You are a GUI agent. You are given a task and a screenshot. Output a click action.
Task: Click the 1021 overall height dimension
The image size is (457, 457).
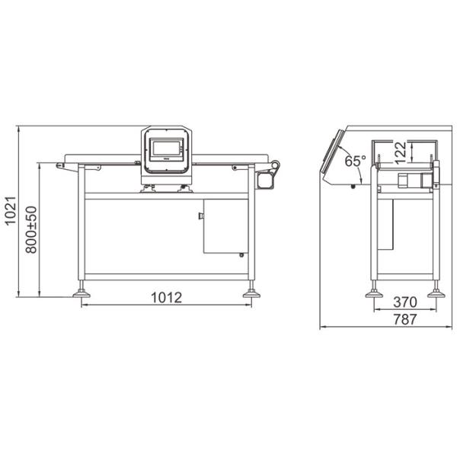(x=11, y=212)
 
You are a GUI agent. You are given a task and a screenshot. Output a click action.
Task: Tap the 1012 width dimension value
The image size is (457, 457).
(x=167, y=298)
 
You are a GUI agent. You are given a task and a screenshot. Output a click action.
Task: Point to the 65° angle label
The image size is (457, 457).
(x=354, y=161)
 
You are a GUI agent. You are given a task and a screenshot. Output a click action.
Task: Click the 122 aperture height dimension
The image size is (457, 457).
(x=401, y=152)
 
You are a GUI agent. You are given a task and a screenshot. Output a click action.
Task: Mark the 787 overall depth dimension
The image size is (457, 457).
(x=404, y=320)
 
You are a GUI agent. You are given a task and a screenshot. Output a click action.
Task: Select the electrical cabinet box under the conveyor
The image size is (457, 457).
(x=225, y=225)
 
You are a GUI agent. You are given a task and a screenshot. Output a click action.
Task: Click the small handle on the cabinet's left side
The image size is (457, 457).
(x=201, y=216)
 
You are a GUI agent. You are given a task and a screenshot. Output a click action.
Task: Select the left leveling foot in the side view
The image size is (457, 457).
(x=373, y=291)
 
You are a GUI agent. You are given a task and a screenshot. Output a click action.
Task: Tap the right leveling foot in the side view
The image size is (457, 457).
(x=436, y=291)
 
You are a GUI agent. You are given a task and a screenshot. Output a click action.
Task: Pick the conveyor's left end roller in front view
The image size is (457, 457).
(x=60, y=165)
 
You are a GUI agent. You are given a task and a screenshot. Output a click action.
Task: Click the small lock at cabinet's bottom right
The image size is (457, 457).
(x=242, y=254)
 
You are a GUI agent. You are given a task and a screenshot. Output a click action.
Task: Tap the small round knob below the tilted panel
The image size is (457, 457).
(x=353, y=186)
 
